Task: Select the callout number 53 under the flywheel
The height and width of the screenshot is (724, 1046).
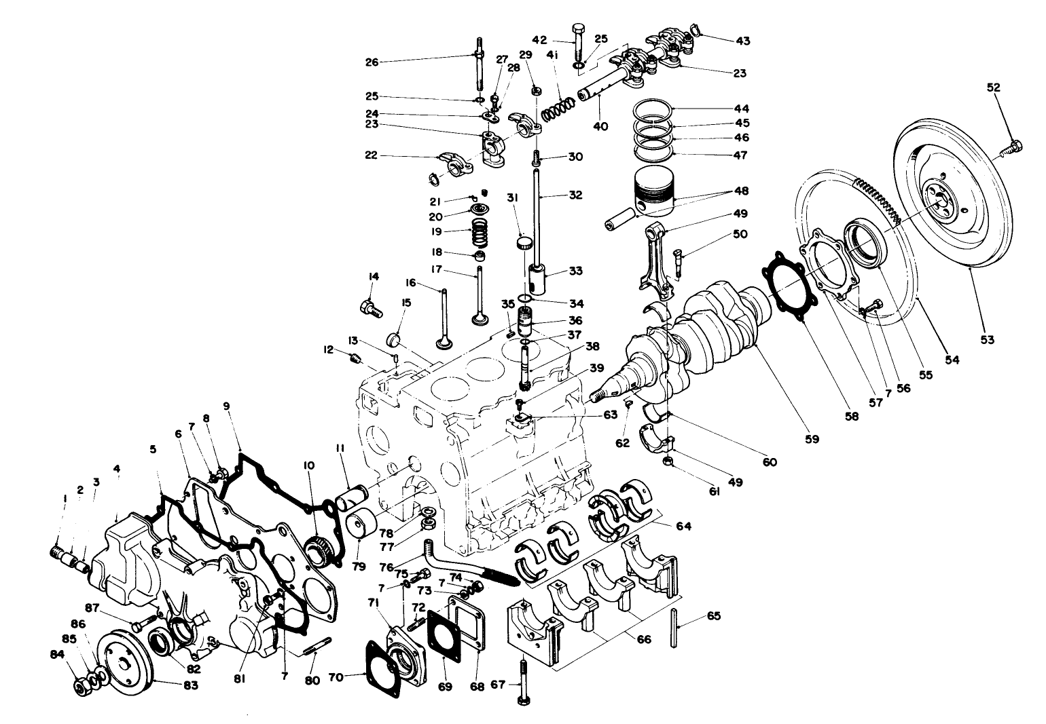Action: [x=987, y=339]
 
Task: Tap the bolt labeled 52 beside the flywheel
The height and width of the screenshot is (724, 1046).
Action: [x=1013, y=146]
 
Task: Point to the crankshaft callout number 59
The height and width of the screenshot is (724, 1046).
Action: [x=813, y=439]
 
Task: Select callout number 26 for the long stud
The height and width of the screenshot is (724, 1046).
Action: [x=372, y=62]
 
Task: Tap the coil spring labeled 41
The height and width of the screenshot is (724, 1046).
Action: [x=559, y=105]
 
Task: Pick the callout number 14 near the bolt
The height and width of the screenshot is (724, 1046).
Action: [x=373, y=277]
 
